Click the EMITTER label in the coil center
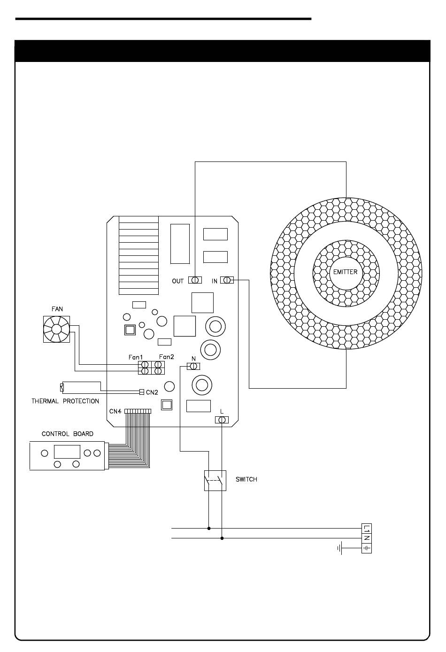coord(345,272)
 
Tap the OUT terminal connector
coord(195,280)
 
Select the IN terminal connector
coord(227,280)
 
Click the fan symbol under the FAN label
coord(56,329)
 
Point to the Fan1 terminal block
coord(145,368)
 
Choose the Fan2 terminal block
coord(158,368)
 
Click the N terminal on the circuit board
coord(193,366)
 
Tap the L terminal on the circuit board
coord(222,420)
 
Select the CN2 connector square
coord(142,392)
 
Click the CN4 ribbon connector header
coord(138,411)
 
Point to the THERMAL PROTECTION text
coord(65,401)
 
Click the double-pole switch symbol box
coord(215,481)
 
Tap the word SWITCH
coord(246,479)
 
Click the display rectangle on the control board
coord(67,452)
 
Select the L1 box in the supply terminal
coord(367,528)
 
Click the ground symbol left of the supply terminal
coord(339,548)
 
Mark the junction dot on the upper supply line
coord(209,528)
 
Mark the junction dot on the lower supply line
coord(222,538)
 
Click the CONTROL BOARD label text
coord(68,434)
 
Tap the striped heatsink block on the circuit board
coord(138,255)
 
